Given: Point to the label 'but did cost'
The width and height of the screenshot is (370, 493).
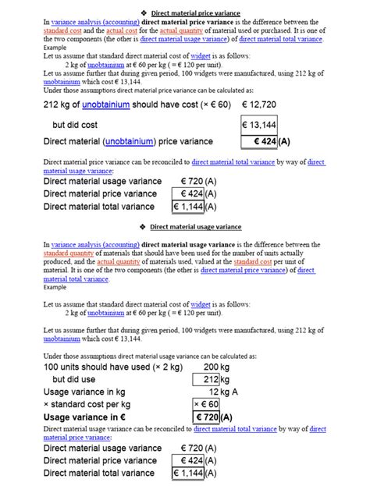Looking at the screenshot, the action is (x=79, y=125).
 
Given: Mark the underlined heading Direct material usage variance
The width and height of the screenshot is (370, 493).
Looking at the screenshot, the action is (x=196, y=227).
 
